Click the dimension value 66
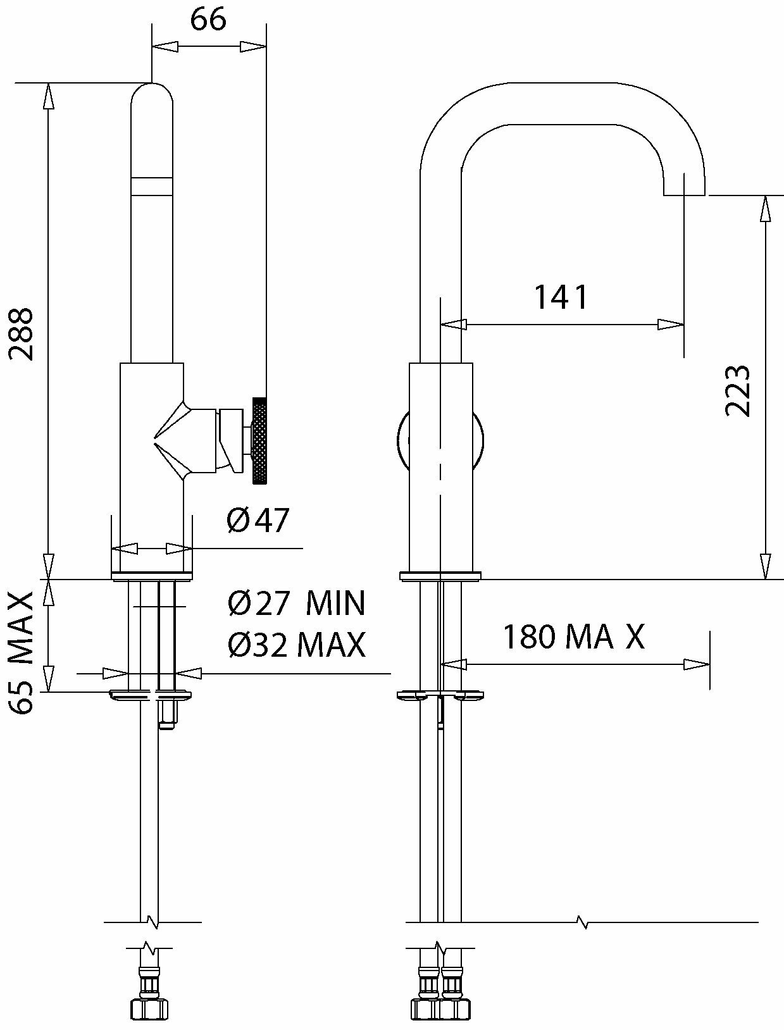208,20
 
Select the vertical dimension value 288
22,333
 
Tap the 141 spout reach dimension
561,297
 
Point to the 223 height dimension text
737,390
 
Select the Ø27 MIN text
296,603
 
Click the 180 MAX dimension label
573,636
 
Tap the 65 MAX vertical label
22,652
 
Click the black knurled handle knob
260,440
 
